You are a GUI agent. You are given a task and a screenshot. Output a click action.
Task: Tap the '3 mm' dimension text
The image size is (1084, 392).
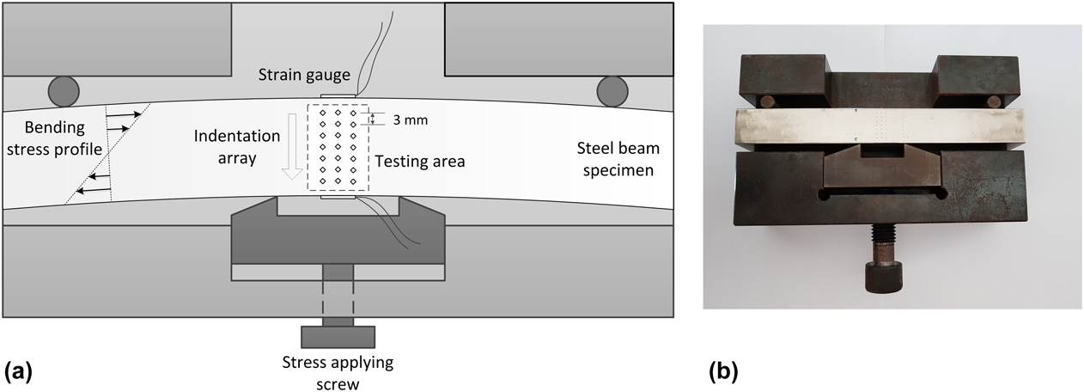(410, 120)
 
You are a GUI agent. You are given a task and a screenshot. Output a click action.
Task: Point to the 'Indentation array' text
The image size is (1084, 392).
(236, 147)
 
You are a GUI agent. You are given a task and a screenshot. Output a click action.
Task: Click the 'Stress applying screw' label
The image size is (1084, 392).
(338, 372)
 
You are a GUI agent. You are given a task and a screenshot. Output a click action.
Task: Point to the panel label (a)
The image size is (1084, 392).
(19, 371)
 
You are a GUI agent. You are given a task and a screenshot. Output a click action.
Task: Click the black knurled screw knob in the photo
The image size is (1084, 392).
(883, 277)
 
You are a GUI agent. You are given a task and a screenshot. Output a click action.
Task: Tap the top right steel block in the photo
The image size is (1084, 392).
(966, 78)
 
